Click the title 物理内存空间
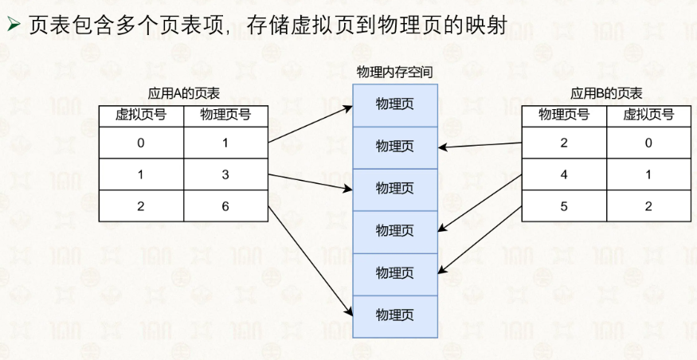pyautogui.click(x=395, y=72)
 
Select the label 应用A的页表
pyautogui.click(x=183, y=93)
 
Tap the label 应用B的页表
pyautogui.click(x=606, y=93)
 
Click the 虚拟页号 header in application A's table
pyautogui.click(x=141, y=115)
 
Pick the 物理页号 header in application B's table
pyautogui.click(x=564, y=115)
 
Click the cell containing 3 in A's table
pyautogui.click(x=225, y=174)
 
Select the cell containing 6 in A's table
pyautogui.click(x=225, y=206)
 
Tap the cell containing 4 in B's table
pyautogui.click(x=564, y=174)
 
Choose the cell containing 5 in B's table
pyautogui.click(x=564, y=206)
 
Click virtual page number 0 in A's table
pyautogui.click(x=141, y=143)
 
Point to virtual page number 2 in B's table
pyautogui.click(x=648, y=206)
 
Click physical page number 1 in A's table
pyautogui.click(x=225, y=143)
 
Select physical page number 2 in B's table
pyautogui.click(x=564, y=143)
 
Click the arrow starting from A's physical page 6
pyautogui.click(x=311, y=261)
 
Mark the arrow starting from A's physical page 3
pyautogui.click(x=311, y=182)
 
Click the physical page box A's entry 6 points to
pyautogui.click(x=395, y=316)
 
